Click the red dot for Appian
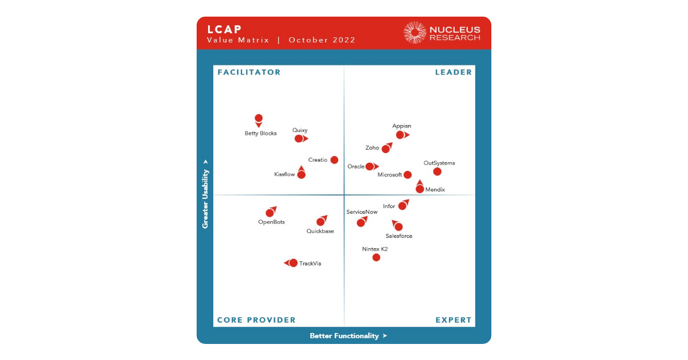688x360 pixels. coord(400,135)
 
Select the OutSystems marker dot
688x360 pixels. coord(437,171)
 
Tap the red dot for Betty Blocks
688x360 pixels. coord(259,119)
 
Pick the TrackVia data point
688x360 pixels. coord(294,263)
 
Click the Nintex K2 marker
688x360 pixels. coord(376,257)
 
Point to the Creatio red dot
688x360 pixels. coord(334,160)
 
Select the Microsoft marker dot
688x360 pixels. coord(408,175)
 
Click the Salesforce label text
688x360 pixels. coord(398,236)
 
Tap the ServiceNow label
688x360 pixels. coord(362,212)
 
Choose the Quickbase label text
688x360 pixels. coord(320,231)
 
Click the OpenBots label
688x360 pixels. coord(271,222)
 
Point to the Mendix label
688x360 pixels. coord(435,190)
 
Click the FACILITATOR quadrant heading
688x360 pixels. coord(249,72)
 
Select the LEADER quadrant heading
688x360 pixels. coord(454,72)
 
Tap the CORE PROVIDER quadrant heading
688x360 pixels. coord(256,320)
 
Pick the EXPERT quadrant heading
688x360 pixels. coord(454,320)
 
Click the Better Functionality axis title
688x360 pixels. coord(345,336)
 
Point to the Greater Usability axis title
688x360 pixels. coord(205,198)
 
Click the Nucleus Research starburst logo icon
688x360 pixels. coord(415,33)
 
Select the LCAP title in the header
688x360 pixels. coord(224,29)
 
